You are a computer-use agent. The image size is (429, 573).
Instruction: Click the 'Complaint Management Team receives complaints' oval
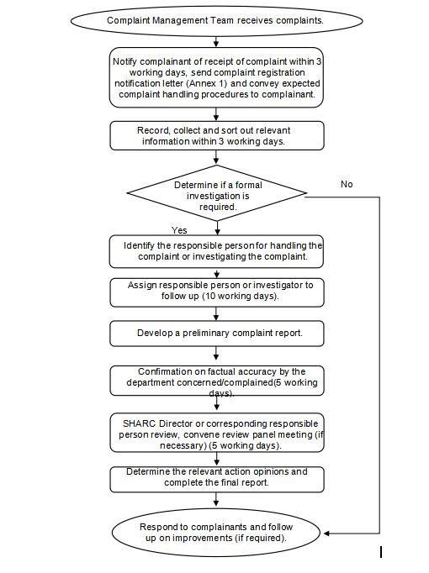tap(216, 21)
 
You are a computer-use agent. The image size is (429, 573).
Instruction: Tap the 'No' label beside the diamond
tap(347, 184)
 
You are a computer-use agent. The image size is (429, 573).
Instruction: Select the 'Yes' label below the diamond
tap(179, 230)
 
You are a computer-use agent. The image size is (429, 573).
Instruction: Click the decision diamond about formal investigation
tap(216, 193)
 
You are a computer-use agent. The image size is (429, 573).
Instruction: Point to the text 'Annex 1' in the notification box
tap(206, 83)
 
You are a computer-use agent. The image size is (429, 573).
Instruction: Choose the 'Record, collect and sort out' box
tap(217, 135)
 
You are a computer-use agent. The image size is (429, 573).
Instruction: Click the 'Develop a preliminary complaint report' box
tap(217, 334)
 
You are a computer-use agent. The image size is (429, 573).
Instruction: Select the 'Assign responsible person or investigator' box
tap(217, 292)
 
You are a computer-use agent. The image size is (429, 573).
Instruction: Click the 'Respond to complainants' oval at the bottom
tap(216, 533)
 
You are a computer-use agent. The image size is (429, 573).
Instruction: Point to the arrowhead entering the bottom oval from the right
tap(326, 534)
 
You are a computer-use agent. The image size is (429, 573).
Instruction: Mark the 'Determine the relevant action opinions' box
tap(217, 480)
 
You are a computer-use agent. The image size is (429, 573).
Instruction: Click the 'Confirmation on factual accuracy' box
tap(217, 381)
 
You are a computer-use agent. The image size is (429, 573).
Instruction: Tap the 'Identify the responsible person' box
tap(216, 251)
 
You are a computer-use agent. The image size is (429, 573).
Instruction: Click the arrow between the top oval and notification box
tap(216, 41)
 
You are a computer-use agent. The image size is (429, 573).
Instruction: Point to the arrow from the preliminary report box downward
tap(216, 353)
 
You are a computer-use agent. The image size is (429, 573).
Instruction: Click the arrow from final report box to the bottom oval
tap(216, 499)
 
